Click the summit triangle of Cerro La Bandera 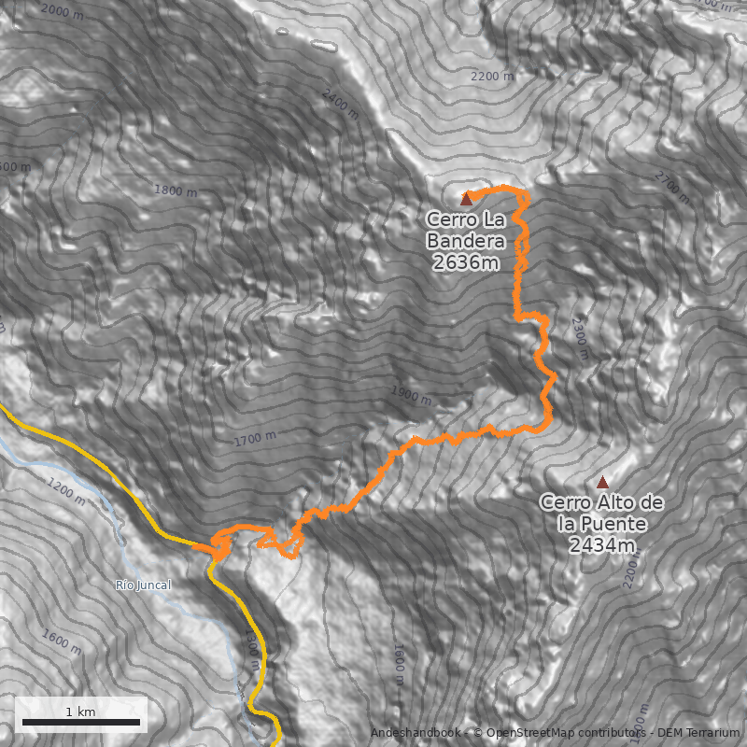(x=466, y=198)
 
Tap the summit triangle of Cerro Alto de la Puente (x=602, y=483)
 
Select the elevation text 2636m (x=466, y=263)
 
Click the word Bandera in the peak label (x=466, y=242)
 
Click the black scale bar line (x=80, y=722)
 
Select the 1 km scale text (x=80, y=712)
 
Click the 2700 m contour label (x=671, y=187)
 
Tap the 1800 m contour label (x=176, y=191)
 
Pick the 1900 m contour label (x=410, y=395)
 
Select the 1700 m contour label (x=255, y=437)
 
